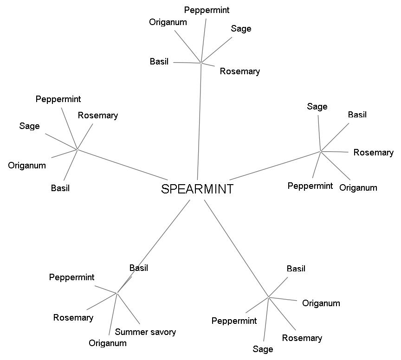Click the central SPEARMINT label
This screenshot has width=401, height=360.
click(197, 189)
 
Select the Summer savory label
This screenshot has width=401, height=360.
click(145, 332)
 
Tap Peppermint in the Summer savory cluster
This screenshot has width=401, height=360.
click(71, 277)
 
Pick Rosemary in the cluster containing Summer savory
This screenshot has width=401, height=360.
click(73, 318)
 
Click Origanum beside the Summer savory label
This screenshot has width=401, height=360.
click(107, 343)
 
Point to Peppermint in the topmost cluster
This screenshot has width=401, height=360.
click(207, 10)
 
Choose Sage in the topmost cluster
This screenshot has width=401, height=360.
click(241, 29)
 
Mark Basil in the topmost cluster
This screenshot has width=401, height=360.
click(159, 61)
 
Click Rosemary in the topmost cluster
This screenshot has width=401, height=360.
click(239, 71)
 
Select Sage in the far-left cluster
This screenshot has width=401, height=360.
click(29, 126)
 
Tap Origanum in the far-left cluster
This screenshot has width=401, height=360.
click(27, 166)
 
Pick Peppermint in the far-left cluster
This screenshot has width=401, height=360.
click(58, 99)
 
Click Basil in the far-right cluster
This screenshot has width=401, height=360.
click(357, 115)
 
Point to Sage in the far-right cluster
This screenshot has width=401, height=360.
click(317, 107)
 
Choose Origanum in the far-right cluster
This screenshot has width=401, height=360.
click(358, 188)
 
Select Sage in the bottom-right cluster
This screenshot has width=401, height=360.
click(263, 349)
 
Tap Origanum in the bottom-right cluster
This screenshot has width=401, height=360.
click(321, 303)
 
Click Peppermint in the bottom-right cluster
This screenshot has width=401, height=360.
click(234, 321)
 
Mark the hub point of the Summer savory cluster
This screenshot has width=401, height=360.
click(117, 293)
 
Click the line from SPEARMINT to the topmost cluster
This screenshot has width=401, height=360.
click(200, 121)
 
